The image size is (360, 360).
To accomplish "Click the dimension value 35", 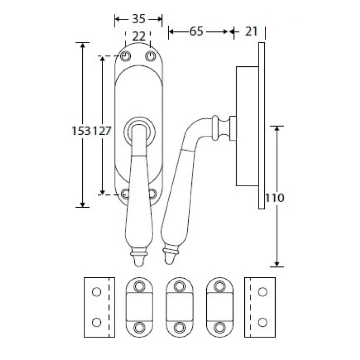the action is [139, 19].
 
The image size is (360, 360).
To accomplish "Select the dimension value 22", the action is [139, 37].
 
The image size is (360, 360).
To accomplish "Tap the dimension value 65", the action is [196, 31].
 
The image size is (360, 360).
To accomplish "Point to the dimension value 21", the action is [251, 31].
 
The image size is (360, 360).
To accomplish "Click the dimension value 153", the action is [81, 131].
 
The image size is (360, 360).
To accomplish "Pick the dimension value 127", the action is [101, 131].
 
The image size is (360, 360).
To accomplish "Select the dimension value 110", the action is [275, 198].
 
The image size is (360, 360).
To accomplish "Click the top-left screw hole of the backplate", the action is [125, 56].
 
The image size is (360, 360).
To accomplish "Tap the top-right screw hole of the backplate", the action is [151, 56].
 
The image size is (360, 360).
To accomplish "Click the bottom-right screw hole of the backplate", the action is [153, 194].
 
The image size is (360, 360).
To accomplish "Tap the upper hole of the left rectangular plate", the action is [97, 292].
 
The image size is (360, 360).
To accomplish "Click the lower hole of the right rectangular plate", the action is [262, 322].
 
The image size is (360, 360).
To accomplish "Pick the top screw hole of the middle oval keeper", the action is [179, 286].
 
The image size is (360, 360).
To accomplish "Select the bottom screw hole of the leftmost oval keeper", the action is [139, 328].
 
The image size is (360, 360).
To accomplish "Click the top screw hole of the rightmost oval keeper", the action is [220, 286].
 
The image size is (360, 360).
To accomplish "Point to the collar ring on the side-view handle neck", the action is [215, 128].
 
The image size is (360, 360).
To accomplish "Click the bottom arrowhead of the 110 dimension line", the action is [277, 264].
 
